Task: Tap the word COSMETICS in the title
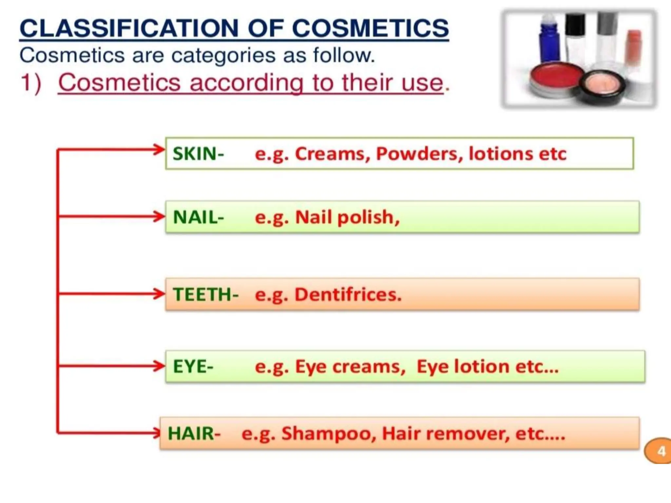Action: [x=370, y=28]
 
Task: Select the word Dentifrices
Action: [x=348, y=294]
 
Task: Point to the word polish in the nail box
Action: [x=368, y=217]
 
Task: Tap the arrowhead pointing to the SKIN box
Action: [x=160, y=150]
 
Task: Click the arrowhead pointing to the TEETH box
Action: [x=160, y=293]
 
